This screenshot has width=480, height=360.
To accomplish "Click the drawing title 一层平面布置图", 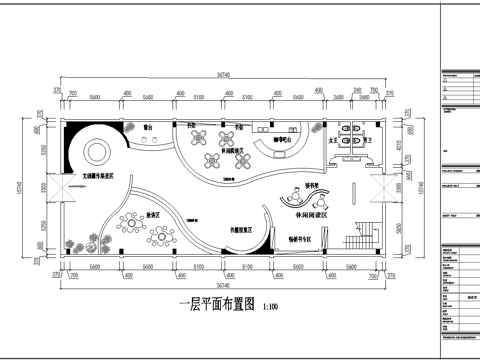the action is pos(215,306).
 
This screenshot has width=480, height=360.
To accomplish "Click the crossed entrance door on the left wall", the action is pos(51,187).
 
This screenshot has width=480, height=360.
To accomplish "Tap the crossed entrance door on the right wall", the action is pos(381,187).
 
